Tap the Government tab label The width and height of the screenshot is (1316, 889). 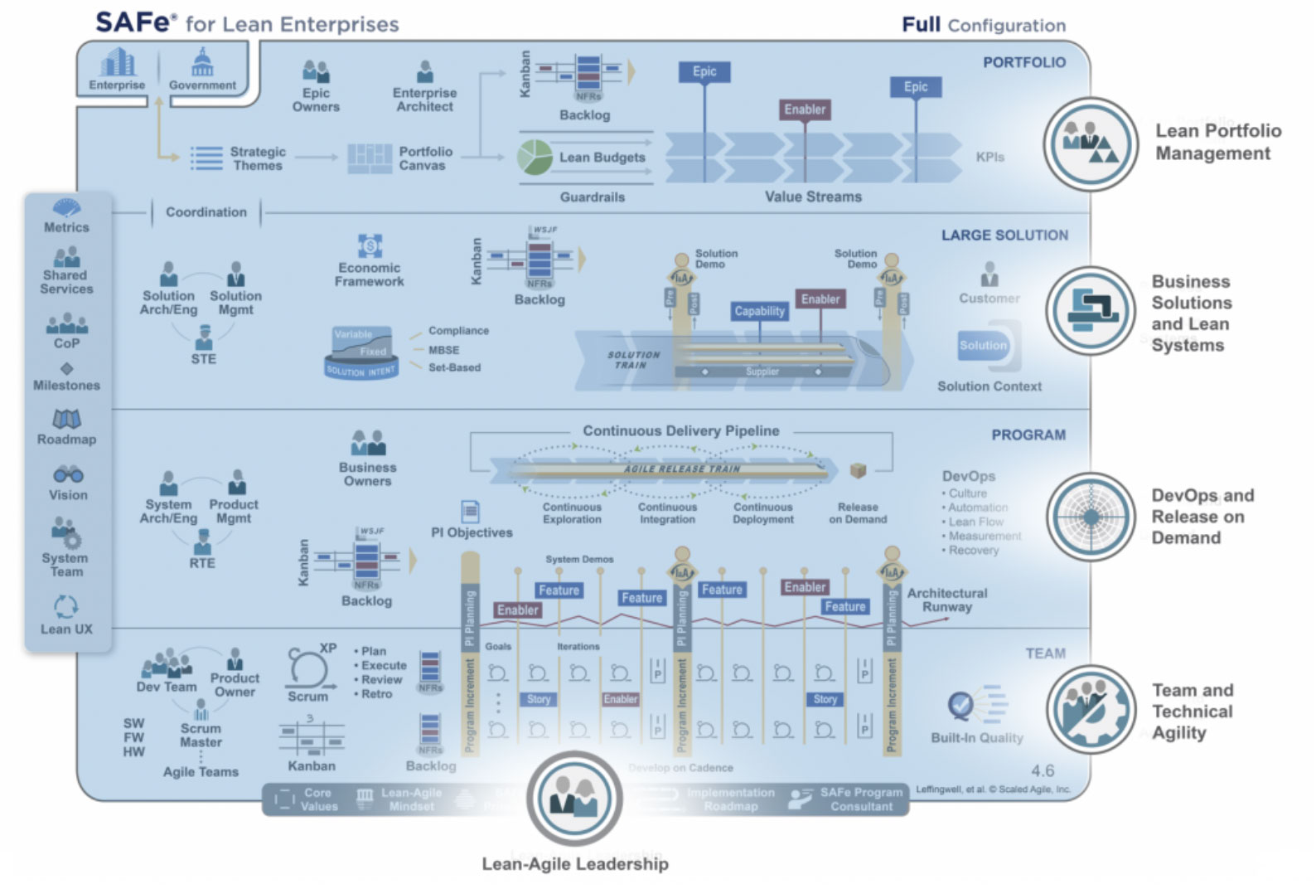[202, 85]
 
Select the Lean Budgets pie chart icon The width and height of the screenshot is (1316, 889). [535, 157]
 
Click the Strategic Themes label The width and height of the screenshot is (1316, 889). [258, 158]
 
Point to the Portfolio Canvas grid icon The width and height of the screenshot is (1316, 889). [369, 158]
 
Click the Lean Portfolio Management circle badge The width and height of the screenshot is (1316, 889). [1090, 143]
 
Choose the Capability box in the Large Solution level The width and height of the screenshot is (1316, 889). [759, 311]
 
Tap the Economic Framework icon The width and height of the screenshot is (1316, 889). [370, 246]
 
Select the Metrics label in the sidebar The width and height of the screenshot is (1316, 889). [66, 227]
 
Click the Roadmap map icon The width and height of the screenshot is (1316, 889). [66, 419]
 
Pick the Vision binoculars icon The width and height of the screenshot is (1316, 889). [68, 475]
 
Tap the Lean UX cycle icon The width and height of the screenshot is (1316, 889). [66, 607]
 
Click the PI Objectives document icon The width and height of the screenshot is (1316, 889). [470, 511]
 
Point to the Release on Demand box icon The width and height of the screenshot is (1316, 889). [858, 471]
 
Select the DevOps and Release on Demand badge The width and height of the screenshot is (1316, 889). [1091, 517]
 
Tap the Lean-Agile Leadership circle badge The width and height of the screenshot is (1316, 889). [574, 798]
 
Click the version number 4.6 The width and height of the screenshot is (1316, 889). [1043, 771]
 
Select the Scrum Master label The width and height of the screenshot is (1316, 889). [201, 736]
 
